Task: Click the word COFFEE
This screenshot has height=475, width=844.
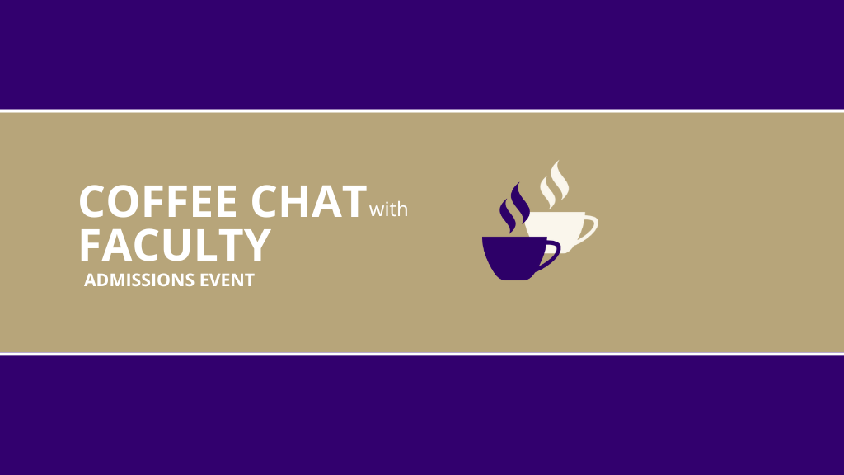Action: tap(157, 201)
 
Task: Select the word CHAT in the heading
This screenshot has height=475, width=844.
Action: tap(308, 201)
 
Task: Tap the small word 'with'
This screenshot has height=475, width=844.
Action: tap(388, 209)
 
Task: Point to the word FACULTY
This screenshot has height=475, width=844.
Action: tap(175, 245)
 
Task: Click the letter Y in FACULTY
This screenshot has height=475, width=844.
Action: tap(257, 245)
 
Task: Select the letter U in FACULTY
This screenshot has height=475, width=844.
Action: tap(181, 245)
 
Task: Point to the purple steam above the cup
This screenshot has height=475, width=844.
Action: tap(514, 209)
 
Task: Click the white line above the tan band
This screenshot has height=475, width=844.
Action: tap(422, 111)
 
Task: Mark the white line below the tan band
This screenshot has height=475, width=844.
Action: tap(422, 354)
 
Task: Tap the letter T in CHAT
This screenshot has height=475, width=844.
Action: tap(353, 201)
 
